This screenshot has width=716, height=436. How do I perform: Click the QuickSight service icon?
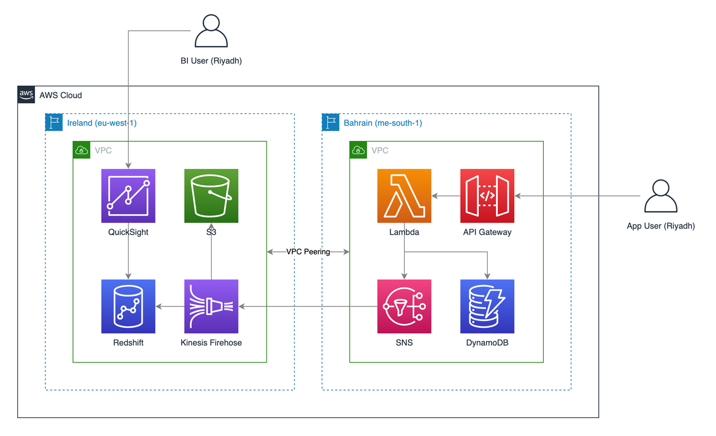tap(128, 196)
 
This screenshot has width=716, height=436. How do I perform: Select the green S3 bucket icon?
tap(211, 196)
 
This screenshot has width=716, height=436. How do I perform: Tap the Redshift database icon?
tap(128, 306)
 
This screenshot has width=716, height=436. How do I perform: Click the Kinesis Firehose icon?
tap(211, 306)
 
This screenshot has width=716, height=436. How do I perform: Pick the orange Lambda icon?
tap(404, 196)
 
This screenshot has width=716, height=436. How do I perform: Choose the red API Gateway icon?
tap(487, 196)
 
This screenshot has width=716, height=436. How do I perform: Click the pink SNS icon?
tap(404, 306)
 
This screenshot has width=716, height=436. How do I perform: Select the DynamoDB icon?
tap(487, 306)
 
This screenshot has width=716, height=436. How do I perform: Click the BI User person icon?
tap(211, 31)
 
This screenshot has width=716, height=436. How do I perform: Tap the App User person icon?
tap(660, 196)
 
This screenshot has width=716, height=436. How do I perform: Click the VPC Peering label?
tap(308, 252)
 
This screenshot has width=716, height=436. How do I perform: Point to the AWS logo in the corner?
tap(26, 94)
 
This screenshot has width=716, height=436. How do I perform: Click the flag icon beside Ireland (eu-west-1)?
tap(54, 122)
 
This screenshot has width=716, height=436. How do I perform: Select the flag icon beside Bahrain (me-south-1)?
tap(331, 122)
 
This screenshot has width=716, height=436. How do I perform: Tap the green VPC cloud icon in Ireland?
tap(81, 150)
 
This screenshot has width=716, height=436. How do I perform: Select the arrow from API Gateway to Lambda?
tap(446, 196)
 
